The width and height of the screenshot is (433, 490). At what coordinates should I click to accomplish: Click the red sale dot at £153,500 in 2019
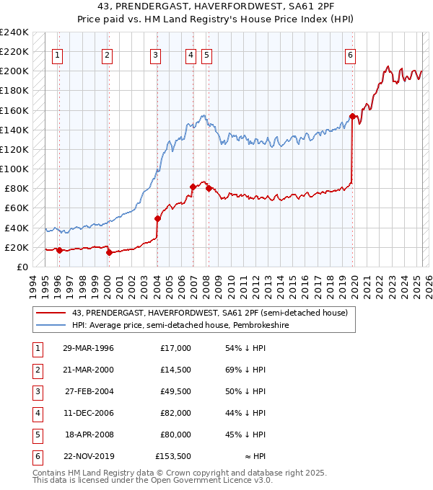[x=352, y=116]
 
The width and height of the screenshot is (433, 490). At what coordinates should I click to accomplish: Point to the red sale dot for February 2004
[x=157, y=218]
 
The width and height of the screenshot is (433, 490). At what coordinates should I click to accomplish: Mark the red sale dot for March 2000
[x=108, y=252]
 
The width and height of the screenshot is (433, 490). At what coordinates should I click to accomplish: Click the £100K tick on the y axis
[x=14, y=169]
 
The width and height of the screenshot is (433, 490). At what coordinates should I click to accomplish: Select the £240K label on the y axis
[x=14, y=32]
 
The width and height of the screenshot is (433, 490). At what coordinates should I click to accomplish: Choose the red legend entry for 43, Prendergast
[x=209, y=313]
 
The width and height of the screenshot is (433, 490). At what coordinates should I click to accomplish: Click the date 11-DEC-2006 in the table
[x=88, y=414]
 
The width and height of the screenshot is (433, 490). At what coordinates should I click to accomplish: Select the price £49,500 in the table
[x=175, y=391]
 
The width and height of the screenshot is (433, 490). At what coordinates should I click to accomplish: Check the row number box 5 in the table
[x=36, y=435]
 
